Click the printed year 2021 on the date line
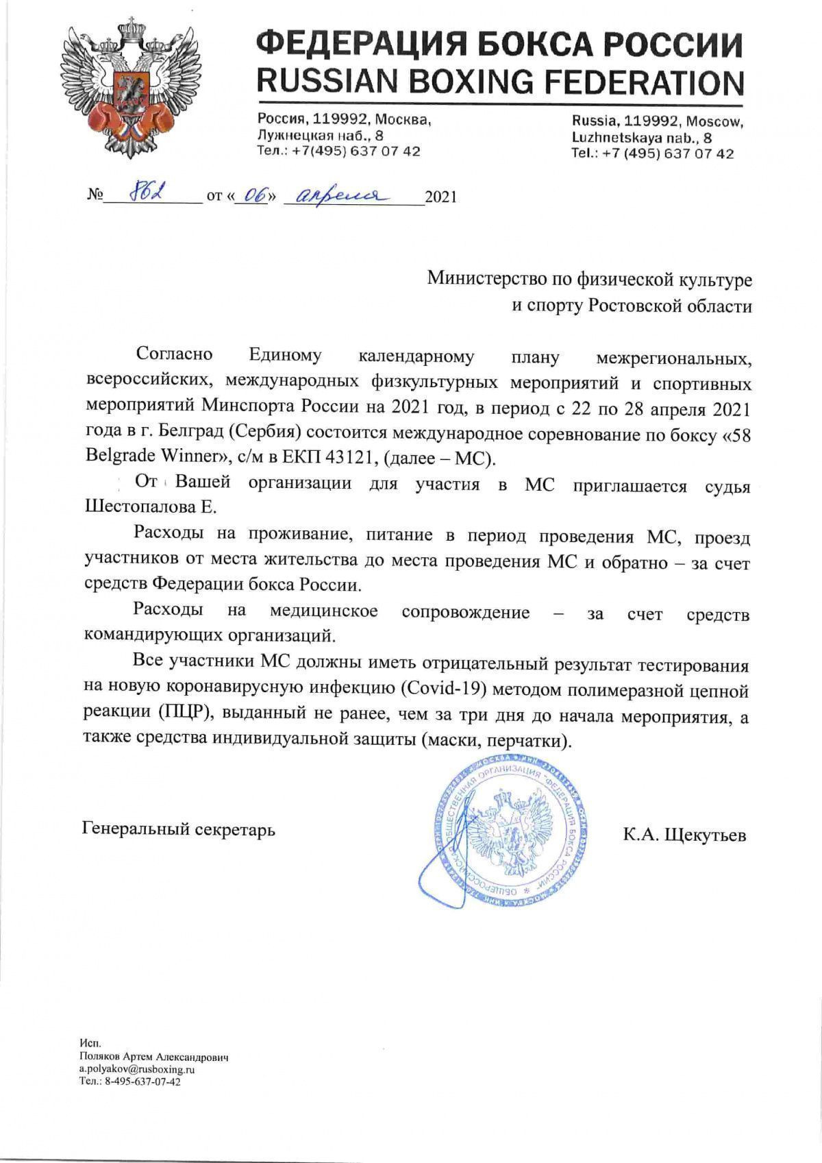(x=440, y=198)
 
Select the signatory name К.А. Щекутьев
(x=684, y=835)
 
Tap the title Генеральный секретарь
(x=179, y=829)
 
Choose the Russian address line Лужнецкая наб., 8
(x=320, y=136)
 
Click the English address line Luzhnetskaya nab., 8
(x=642, y=138)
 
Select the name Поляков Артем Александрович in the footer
(x=154, y=1057)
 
